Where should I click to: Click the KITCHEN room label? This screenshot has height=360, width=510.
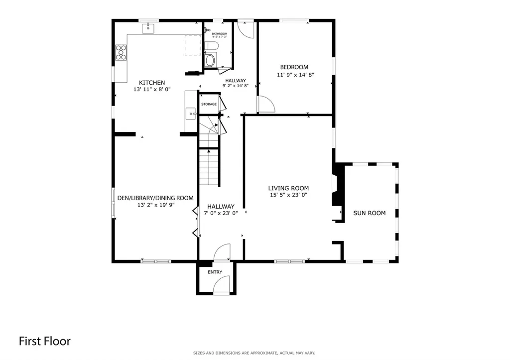pos(152,83)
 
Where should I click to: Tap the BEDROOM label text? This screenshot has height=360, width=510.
pos(294,67)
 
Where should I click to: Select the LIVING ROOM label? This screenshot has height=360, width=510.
pos(288,188)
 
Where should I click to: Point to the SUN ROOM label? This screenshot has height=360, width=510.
pos(370,213)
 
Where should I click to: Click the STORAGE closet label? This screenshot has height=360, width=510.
pos(209,105)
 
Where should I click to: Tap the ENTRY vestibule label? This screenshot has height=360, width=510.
pos(215,272)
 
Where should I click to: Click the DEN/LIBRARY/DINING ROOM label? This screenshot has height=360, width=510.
pos(155,198)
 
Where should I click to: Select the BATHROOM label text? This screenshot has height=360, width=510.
pos(220,34)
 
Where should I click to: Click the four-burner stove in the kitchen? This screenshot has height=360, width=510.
pos(121,52)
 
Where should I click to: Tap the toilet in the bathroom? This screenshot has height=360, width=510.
pos(211,46)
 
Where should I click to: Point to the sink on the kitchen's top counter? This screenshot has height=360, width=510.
pos(148,28)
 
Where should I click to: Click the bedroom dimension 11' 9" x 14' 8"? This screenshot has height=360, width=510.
pos(295,75)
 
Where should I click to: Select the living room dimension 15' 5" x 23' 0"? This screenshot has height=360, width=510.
pos(288,195)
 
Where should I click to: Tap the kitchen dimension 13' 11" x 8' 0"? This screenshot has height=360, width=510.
pos(152,89)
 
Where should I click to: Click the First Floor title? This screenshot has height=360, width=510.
pos(44,341)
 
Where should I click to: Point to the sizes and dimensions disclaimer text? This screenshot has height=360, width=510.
pos(254,353)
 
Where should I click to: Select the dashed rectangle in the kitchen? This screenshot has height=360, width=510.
pos(193,45)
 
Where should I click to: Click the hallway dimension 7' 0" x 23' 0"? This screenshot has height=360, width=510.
pos(221,213)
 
